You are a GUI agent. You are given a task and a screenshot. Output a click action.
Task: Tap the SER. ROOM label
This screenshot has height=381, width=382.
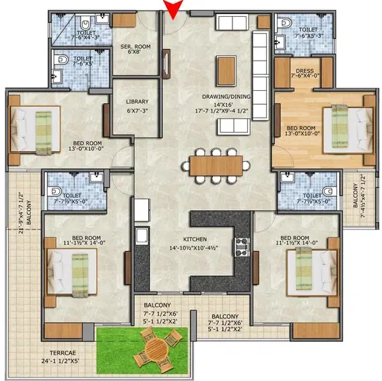135,46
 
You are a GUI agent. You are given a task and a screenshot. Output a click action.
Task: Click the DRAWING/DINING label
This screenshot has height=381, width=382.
226,97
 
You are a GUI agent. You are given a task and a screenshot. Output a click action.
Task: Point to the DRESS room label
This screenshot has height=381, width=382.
305,71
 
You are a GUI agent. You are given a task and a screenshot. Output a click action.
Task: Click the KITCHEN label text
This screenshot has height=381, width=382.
195,240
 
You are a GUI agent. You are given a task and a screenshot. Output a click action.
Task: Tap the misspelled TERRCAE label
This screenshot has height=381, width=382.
63,353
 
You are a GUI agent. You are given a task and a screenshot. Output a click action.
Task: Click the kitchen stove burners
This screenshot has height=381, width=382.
242,247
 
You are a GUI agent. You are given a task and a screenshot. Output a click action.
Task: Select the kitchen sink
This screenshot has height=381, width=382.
141,236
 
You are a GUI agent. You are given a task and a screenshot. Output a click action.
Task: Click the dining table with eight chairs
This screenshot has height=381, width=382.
216,166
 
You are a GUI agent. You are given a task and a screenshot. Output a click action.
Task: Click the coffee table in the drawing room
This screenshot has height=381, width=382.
226,71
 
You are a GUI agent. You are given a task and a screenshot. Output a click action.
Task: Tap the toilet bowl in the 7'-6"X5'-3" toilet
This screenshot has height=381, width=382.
285,24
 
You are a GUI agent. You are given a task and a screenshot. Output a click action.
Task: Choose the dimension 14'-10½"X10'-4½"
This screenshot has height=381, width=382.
193,248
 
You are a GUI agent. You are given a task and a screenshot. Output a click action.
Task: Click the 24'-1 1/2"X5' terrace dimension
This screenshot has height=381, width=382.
61,361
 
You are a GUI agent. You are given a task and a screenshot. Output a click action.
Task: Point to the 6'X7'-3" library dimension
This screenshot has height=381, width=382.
137,111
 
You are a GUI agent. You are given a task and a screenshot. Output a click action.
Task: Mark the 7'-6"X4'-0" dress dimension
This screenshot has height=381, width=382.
305,75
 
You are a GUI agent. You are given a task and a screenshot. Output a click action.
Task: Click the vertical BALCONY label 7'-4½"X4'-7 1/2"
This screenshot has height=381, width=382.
359,196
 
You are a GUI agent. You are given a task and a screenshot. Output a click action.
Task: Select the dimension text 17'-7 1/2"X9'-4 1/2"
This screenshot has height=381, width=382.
222,111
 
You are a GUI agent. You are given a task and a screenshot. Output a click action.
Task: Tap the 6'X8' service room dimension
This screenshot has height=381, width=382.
135,52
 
